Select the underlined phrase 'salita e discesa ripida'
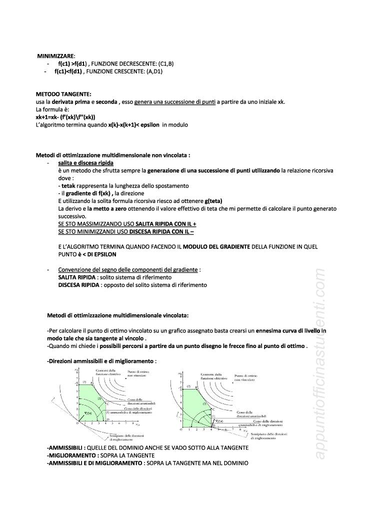coord(86,163)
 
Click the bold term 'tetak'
coord(68,185)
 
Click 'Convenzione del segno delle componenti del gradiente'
coord(128,270)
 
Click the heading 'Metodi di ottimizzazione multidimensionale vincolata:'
coord(118,315)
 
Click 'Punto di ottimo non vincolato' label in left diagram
coord(138,374)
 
